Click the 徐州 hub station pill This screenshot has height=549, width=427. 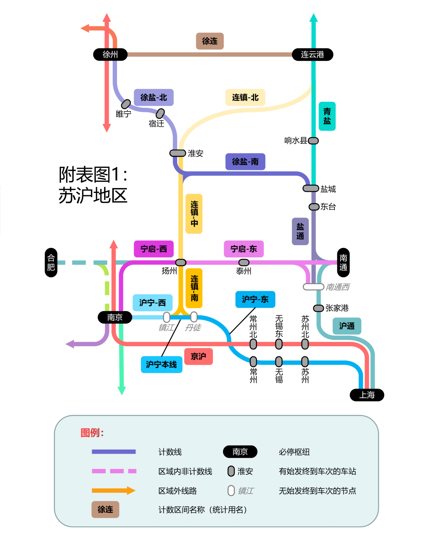[x=110, y=54]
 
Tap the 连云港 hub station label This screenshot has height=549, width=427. [x=312, y=54]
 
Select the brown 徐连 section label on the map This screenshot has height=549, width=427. [x=210, y=41]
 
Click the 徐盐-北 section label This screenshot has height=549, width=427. [x=154, y=97]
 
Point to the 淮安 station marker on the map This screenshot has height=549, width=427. [x=178, y=153]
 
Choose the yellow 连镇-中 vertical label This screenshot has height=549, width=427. [x=194, y=214]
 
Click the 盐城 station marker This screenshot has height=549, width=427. [x=311, y=188]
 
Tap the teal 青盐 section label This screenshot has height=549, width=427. [x=327, y=116]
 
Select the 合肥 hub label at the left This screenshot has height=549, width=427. [x=51, y=262]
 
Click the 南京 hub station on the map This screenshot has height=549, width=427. [x=115, y=317]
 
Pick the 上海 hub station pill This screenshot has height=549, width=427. [x=367, y=395]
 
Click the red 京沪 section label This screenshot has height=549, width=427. [x=198, y=356]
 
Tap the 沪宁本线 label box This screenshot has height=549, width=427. [x=161, y=364]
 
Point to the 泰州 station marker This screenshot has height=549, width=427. [x=244, y=262]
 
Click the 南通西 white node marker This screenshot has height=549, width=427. [x=314, y=286]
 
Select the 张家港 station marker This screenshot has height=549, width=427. [x=319, y=308]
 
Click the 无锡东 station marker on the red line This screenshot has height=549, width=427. [x=279, y=344]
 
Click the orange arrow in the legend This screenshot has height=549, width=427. [x=114, y=491]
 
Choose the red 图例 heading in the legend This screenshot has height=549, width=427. [x=92, y=433]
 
